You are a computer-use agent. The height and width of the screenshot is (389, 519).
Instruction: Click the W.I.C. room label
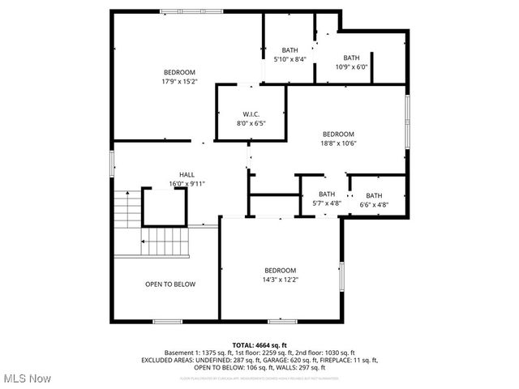click(250, 113)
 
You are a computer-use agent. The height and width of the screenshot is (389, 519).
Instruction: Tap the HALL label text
click(187, 174)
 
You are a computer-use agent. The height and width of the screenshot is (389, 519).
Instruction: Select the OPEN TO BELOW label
click(170, 284)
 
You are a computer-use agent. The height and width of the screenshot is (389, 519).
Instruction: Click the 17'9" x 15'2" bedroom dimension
click(179, 82)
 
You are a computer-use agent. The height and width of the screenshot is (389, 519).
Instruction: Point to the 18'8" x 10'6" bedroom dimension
click(338, 143)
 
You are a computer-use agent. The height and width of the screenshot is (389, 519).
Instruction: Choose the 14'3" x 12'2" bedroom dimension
click(280, 280)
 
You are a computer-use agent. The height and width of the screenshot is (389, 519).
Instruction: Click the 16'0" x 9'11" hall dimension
click(187, 184)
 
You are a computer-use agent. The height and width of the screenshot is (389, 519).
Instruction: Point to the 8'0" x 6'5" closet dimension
click(250, 123)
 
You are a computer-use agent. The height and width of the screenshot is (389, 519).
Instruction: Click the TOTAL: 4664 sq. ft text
click(259, 345)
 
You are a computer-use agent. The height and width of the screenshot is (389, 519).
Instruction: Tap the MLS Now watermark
click(26, 378)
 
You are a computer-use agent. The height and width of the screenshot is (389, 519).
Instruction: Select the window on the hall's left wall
click(113, 163)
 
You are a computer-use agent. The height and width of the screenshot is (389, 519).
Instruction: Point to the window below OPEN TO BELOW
click(167, 322)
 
